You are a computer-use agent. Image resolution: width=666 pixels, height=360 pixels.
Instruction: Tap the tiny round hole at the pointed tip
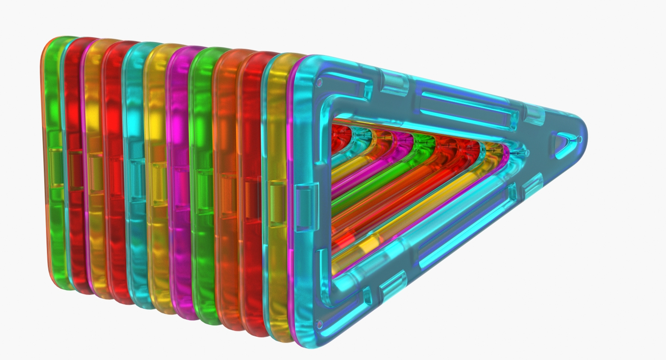[580, 140]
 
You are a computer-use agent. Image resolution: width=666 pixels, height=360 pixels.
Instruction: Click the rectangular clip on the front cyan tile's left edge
[307, 207]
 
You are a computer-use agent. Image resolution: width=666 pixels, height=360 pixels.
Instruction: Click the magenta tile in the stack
[180, 180]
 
